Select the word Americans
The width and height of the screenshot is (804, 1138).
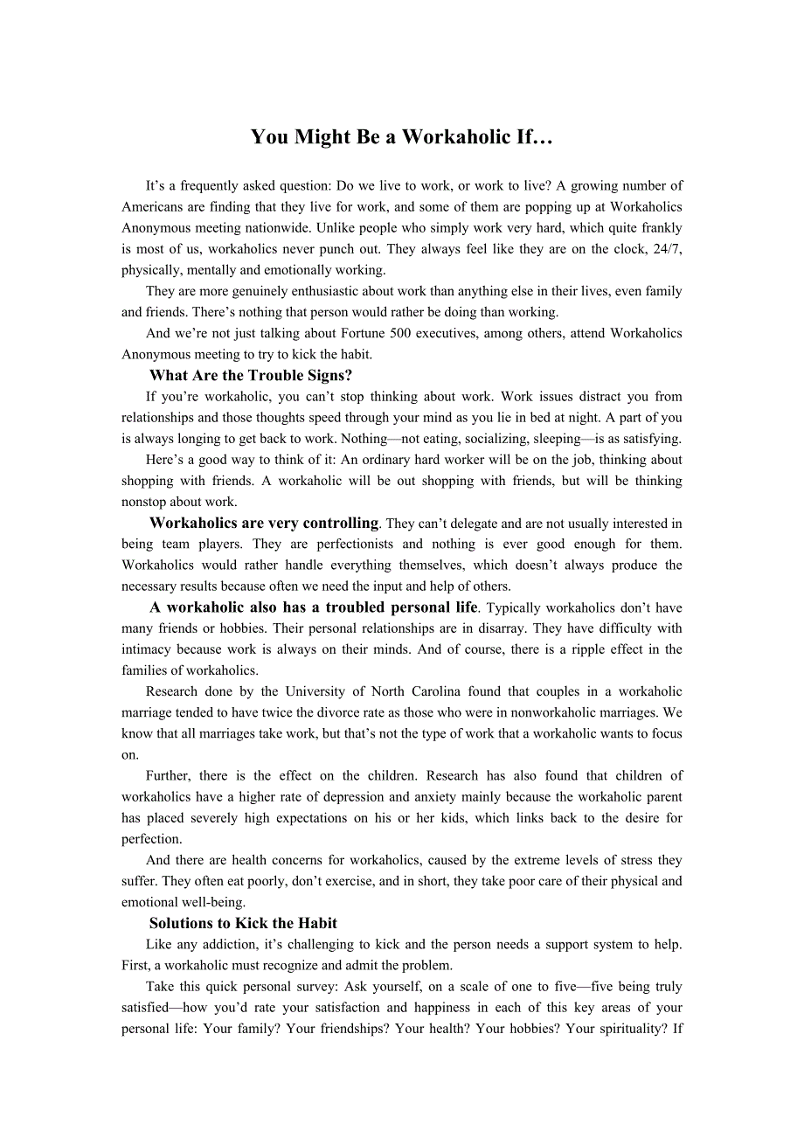click(153, 207)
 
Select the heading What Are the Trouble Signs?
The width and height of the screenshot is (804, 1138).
click(251, 376)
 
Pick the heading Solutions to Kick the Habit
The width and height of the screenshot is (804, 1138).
click(243, 924)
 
